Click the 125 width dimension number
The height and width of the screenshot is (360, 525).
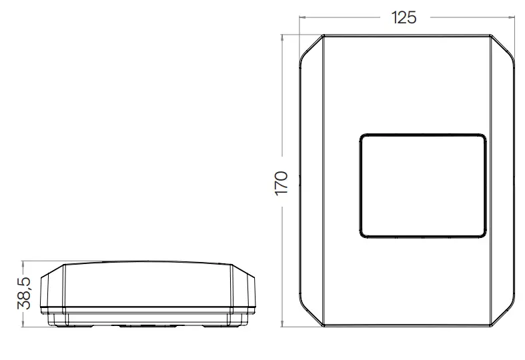(x=403, y=17)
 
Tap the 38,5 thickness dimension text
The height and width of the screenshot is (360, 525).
(x=23, y=293)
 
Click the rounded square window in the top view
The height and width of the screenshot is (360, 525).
(x=422, y=185)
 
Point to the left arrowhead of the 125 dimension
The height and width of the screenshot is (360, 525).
(x=301, y=17)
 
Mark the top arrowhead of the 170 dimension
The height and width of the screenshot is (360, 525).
(x=284, y=37)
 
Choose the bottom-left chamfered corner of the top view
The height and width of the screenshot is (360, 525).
(x=311, y=314)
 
